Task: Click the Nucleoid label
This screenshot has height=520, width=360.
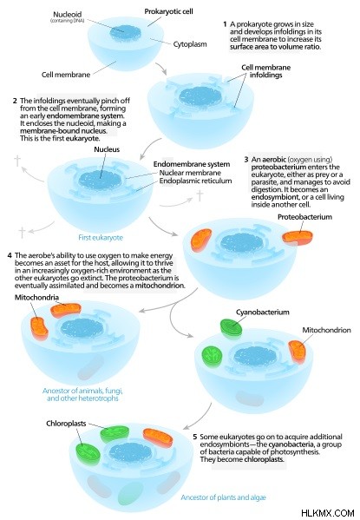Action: pyautogui.click(x=68, y=14)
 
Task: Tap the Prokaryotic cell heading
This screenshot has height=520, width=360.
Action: pyautogui.click(x=168, y=11)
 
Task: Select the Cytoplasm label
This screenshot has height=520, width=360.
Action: pyautogui.click(x=190, y=44)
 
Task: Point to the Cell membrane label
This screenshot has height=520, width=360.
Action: pyautogui.click(x=66, y=75)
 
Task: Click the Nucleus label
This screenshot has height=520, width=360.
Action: pyautogui.click(x=107, y=149)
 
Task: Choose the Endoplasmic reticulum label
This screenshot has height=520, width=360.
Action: pyautogui.click(x=195, y=181)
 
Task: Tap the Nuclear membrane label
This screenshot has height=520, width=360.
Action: pyautogui.click(x=190, y=173)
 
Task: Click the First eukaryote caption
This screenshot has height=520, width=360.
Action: pyautogui.click(x=101, y=238)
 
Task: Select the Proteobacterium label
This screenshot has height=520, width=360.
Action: pyautogui.click(x=304, y=217)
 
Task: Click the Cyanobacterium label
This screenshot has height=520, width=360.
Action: pyautogui.click(x=263, y=312)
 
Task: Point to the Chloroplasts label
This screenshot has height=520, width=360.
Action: pyautogui.click(x=66, y=424)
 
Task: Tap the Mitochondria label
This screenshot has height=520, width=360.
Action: pyautogui.click(x=36, y=298)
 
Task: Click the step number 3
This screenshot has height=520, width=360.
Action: pyautogui.click(x=246, y=160)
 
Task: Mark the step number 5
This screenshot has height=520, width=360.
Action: pyautogui.click(x=195, y=437)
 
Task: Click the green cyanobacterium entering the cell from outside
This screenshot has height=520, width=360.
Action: pyautogui.click(x=232, y=328)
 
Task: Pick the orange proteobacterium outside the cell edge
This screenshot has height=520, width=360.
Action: pyautogui.click(x=298, y=237)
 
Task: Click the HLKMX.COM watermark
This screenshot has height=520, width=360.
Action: pyautogui.click(x=328, y=513)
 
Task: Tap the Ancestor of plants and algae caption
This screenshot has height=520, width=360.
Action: pyautogui.click(x=223, y=497)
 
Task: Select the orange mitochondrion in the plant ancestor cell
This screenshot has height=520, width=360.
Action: pyautogui.click(x=158, y=438)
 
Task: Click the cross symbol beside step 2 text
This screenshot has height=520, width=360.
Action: pyautogui.click(x=17, y=161)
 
